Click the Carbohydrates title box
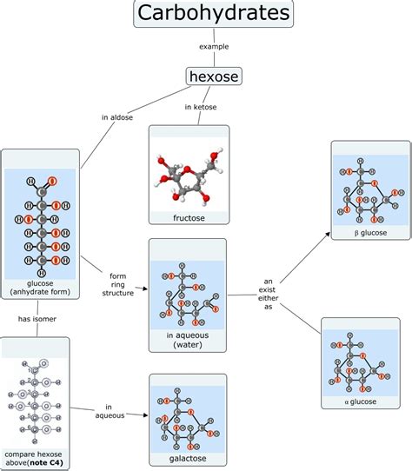click(213, 15)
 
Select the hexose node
click(213, 77)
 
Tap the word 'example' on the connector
click(213, 46)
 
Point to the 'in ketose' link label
click(200, 107)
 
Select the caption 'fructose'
click(189, 218)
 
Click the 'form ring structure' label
click(118, 284)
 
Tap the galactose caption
click(188, 459)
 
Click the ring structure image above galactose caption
click(188, 415)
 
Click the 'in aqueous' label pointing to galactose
click(110, 411)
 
